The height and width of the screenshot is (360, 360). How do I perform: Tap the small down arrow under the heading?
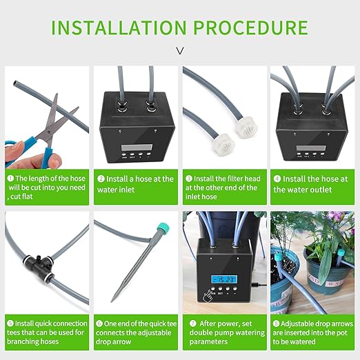point(180,50)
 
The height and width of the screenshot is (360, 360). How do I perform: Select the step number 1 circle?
point(10,179)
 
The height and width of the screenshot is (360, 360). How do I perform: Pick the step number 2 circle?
point(100,179)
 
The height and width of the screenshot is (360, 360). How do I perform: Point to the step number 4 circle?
point(277,179)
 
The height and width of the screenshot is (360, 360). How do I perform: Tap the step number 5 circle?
point(10,323)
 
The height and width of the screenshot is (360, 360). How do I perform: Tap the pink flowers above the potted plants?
point(337,219)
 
